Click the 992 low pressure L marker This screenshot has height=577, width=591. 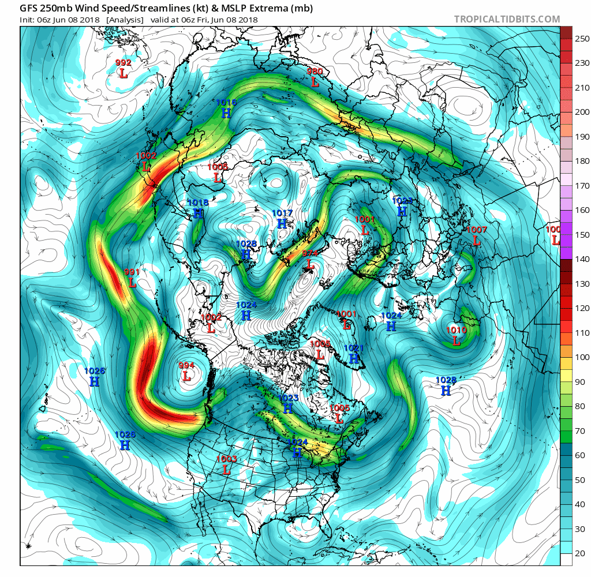tap(124, 73)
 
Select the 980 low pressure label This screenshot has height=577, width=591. tap(315, 82)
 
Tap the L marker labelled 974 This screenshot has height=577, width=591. tap(310, 264)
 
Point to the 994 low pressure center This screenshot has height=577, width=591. tap(186, 376)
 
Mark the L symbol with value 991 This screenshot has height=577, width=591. tap(132, 283)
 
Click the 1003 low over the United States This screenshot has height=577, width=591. tap(226, 470)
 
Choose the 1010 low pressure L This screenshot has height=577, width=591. tap(457, 340)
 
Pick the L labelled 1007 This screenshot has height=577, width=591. tap(477, 241)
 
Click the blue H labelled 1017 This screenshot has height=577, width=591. tap(282, 223)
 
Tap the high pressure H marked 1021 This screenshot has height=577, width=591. tap(354, 358)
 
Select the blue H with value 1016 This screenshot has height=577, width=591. tap(226, 113)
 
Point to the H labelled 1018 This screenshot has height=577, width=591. tap(198, 213)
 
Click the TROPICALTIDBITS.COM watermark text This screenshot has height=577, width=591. tap(507, 19)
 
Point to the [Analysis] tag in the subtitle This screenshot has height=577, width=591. tap(125, 20)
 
